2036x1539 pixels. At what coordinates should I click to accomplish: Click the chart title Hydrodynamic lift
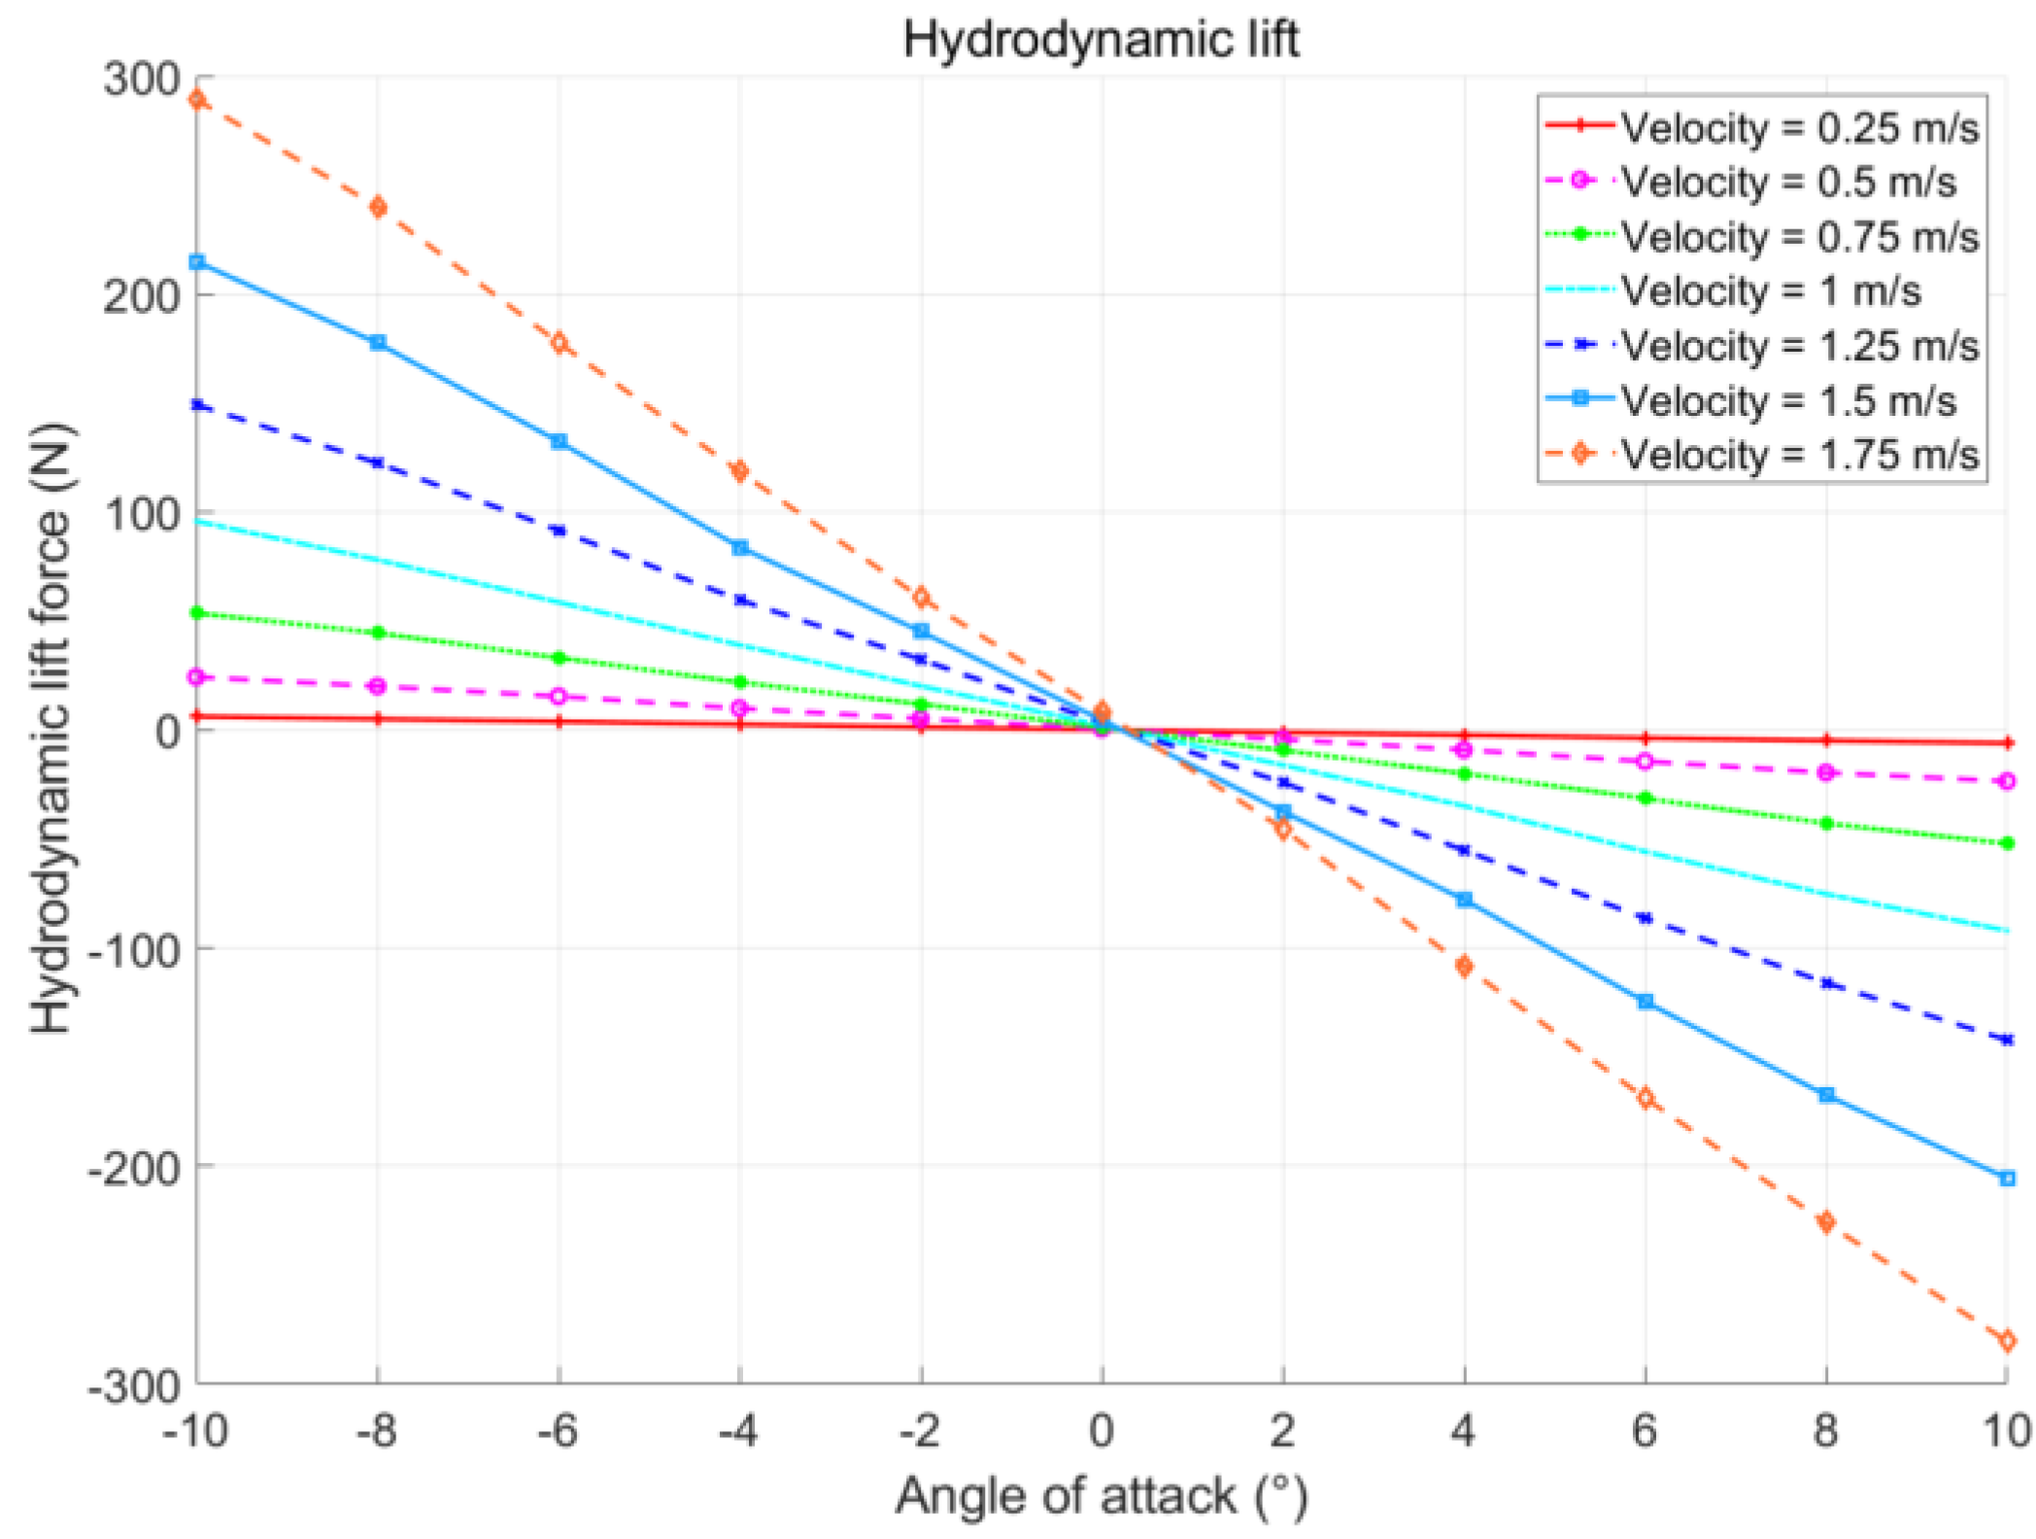coord(1101,41)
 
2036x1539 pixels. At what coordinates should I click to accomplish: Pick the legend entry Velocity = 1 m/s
coord(1770,291)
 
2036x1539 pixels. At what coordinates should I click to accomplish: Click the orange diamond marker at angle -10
coord(197,99)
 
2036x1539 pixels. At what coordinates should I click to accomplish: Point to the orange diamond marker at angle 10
coord(2007,1341)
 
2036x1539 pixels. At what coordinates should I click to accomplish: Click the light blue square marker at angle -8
coord(378,342)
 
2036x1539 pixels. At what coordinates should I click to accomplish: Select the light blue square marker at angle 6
coord(1645,1001)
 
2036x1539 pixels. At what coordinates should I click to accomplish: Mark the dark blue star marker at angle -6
coord(559,530)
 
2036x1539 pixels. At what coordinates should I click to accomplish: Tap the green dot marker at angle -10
coord(197,613)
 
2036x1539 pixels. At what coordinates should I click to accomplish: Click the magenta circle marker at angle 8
coord(1826,772)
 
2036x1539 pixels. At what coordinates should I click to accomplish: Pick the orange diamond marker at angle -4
coord(739,471)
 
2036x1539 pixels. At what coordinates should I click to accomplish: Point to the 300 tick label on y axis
coord(142,79)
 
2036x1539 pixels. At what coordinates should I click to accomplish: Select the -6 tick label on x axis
coord(558,1430)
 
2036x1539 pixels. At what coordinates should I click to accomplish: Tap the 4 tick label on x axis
coord(1463,1430)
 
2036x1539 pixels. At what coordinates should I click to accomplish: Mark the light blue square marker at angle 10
coord(2007,1179)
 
